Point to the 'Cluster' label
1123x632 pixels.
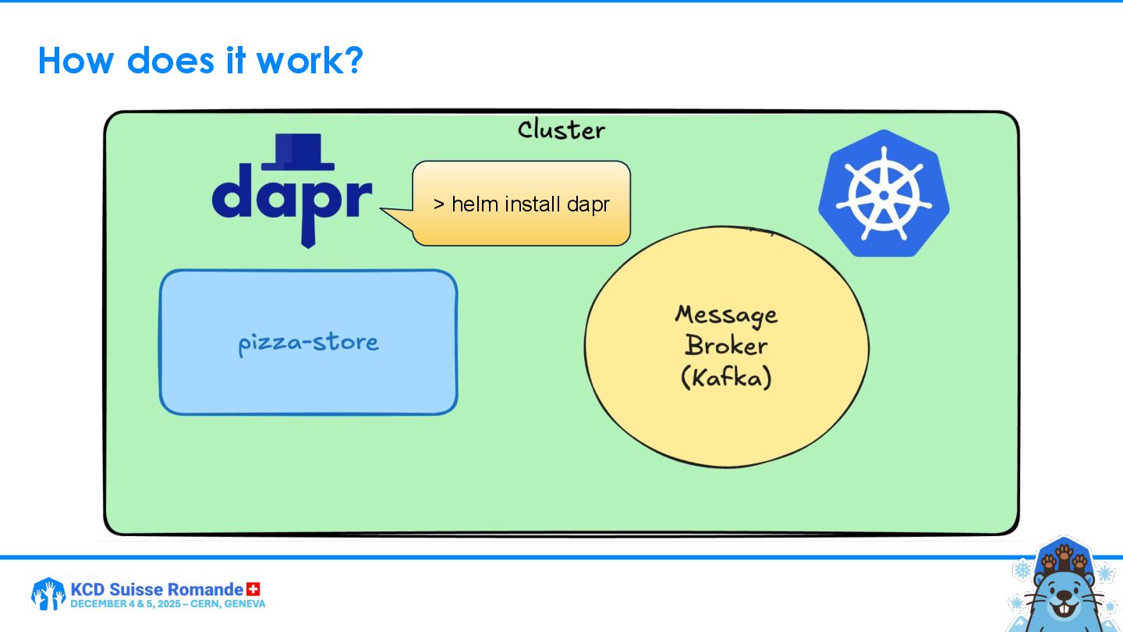[561, 130]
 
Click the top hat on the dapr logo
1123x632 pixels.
[297, 151]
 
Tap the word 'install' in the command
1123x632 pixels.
[533, 204]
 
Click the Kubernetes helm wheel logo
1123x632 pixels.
[884, 193]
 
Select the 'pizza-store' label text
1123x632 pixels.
[308, 343]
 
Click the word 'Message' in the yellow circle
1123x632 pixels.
[726, 314]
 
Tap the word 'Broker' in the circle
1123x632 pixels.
[726, 346]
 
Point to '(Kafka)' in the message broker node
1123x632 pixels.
[726, 378]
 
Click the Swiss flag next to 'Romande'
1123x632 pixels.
[253, 589]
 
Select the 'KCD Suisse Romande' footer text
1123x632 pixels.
[157, 589]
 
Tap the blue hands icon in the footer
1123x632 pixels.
[48, 595]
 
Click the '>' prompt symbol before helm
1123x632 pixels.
[439, 204]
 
